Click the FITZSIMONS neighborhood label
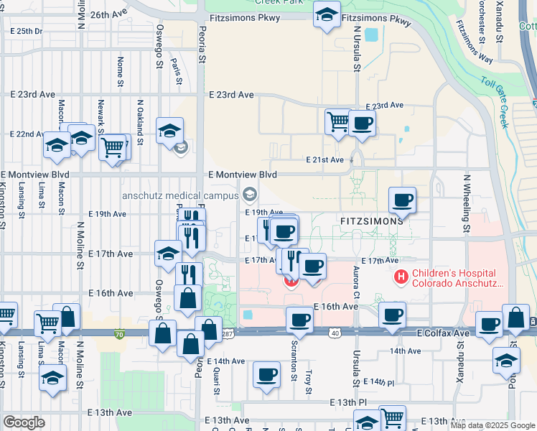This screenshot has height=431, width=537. pos(366,221)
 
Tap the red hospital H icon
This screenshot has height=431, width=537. pos(401,275)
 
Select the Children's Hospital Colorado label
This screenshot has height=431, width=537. pos(453,279)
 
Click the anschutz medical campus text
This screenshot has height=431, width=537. pos(179,195)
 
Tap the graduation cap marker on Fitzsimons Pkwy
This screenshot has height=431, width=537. pos(327,14)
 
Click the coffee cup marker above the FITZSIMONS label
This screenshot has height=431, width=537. pos(403,200)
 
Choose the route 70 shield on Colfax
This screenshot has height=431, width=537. pos(119,333)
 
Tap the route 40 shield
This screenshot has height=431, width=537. pos(335,333)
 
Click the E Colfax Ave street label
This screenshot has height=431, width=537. pos(441,334)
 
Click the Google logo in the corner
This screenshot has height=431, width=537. pos(24,422)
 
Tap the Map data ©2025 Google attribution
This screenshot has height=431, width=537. pos(492,425)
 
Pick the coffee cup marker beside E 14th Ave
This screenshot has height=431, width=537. pos(267,375)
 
